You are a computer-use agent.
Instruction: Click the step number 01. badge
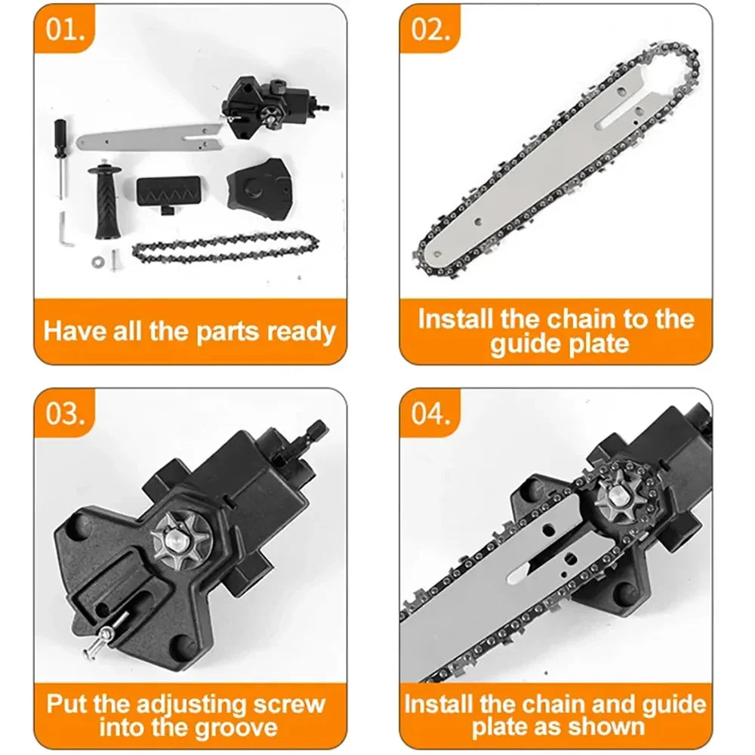point(67,32)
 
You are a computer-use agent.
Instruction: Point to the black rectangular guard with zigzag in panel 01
point(170,193)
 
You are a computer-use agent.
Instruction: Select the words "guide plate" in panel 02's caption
point(559,344)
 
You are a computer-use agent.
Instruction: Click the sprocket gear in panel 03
point(179,538)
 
